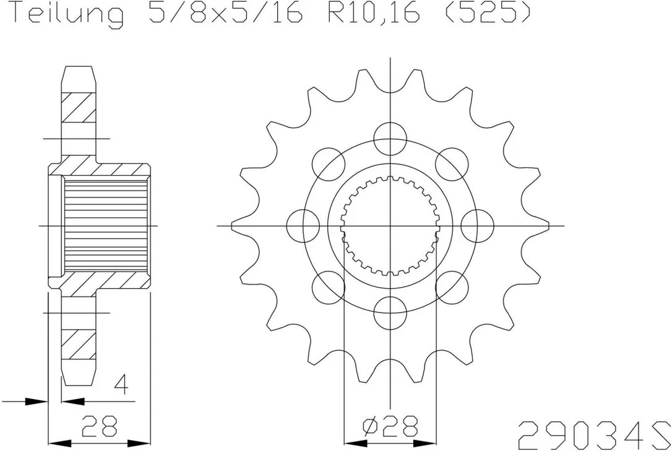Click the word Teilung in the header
point(66,14)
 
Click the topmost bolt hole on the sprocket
point(390,139)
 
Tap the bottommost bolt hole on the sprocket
point(390,312)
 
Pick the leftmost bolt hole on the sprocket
point(303,225)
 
